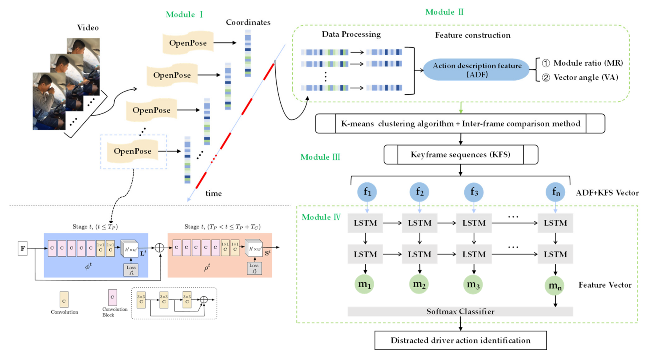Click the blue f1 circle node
pos(367,192)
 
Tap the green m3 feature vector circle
pos(473,284)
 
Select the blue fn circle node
pos(555,192)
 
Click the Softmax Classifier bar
pos(460,311)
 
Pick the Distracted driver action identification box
pos(460,340)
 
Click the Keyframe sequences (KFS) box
pos(460,155)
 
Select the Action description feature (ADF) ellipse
pos(476,70)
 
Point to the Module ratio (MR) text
pos(588,63)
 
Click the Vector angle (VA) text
pos(586,77)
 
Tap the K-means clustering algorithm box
pos(460,124)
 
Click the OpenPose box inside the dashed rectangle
pos(133,151)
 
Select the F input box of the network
pos(23,248)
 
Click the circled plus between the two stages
pos(160,248)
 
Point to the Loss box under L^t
pos(131,270)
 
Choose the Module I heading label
pos(184,14)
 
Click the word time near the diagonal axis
pos(213,193)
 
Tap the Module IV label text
pos(321,217)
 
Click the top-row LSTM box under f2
pos(420,223)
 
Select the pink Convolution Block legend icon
pos(112,297)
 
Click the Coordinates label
pos(248,22)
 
